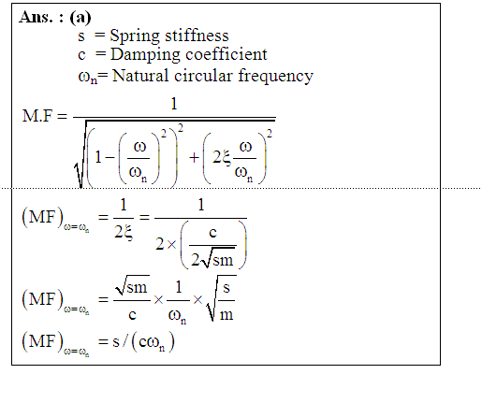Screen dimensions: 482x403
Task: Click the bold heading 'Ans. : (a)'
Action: [55, 17]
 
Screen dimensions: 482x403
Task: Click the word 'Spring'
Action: [135, 36]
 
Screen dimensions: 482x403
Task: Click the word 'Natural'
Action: [140, 76]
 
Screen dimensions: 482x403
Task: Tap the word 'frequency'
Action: [276, 77]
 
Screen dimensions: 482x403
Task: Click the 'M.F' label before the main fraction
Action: [37, 116]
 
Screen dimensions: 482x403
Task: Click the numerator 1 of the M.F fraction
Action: [174, 104]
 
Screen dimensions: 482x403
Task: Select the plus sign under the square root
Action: [194, 157]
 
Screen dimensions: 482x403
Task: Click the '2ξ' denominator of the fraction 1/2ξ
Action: [124, 232]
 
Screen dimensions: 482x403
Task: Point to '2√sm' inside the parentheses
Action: [212, 259]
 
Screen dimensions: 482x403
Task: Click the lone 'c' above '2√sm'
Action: [212, 233]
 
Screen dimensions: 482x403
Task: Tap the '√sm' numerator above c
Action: [132, 285]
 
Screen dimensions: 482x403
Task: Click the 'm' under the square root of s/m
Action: [226, 315]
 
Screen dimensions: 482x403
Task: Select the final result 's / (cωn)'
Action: [143, 341]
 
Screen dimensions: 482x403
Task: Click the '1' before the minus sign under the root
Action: [98, 157]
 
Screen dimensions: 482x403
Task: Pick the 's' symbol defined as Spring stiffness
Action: [81, 36]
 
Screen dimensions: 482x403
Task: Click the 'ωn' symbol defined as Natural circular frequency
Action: [88, 77]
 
